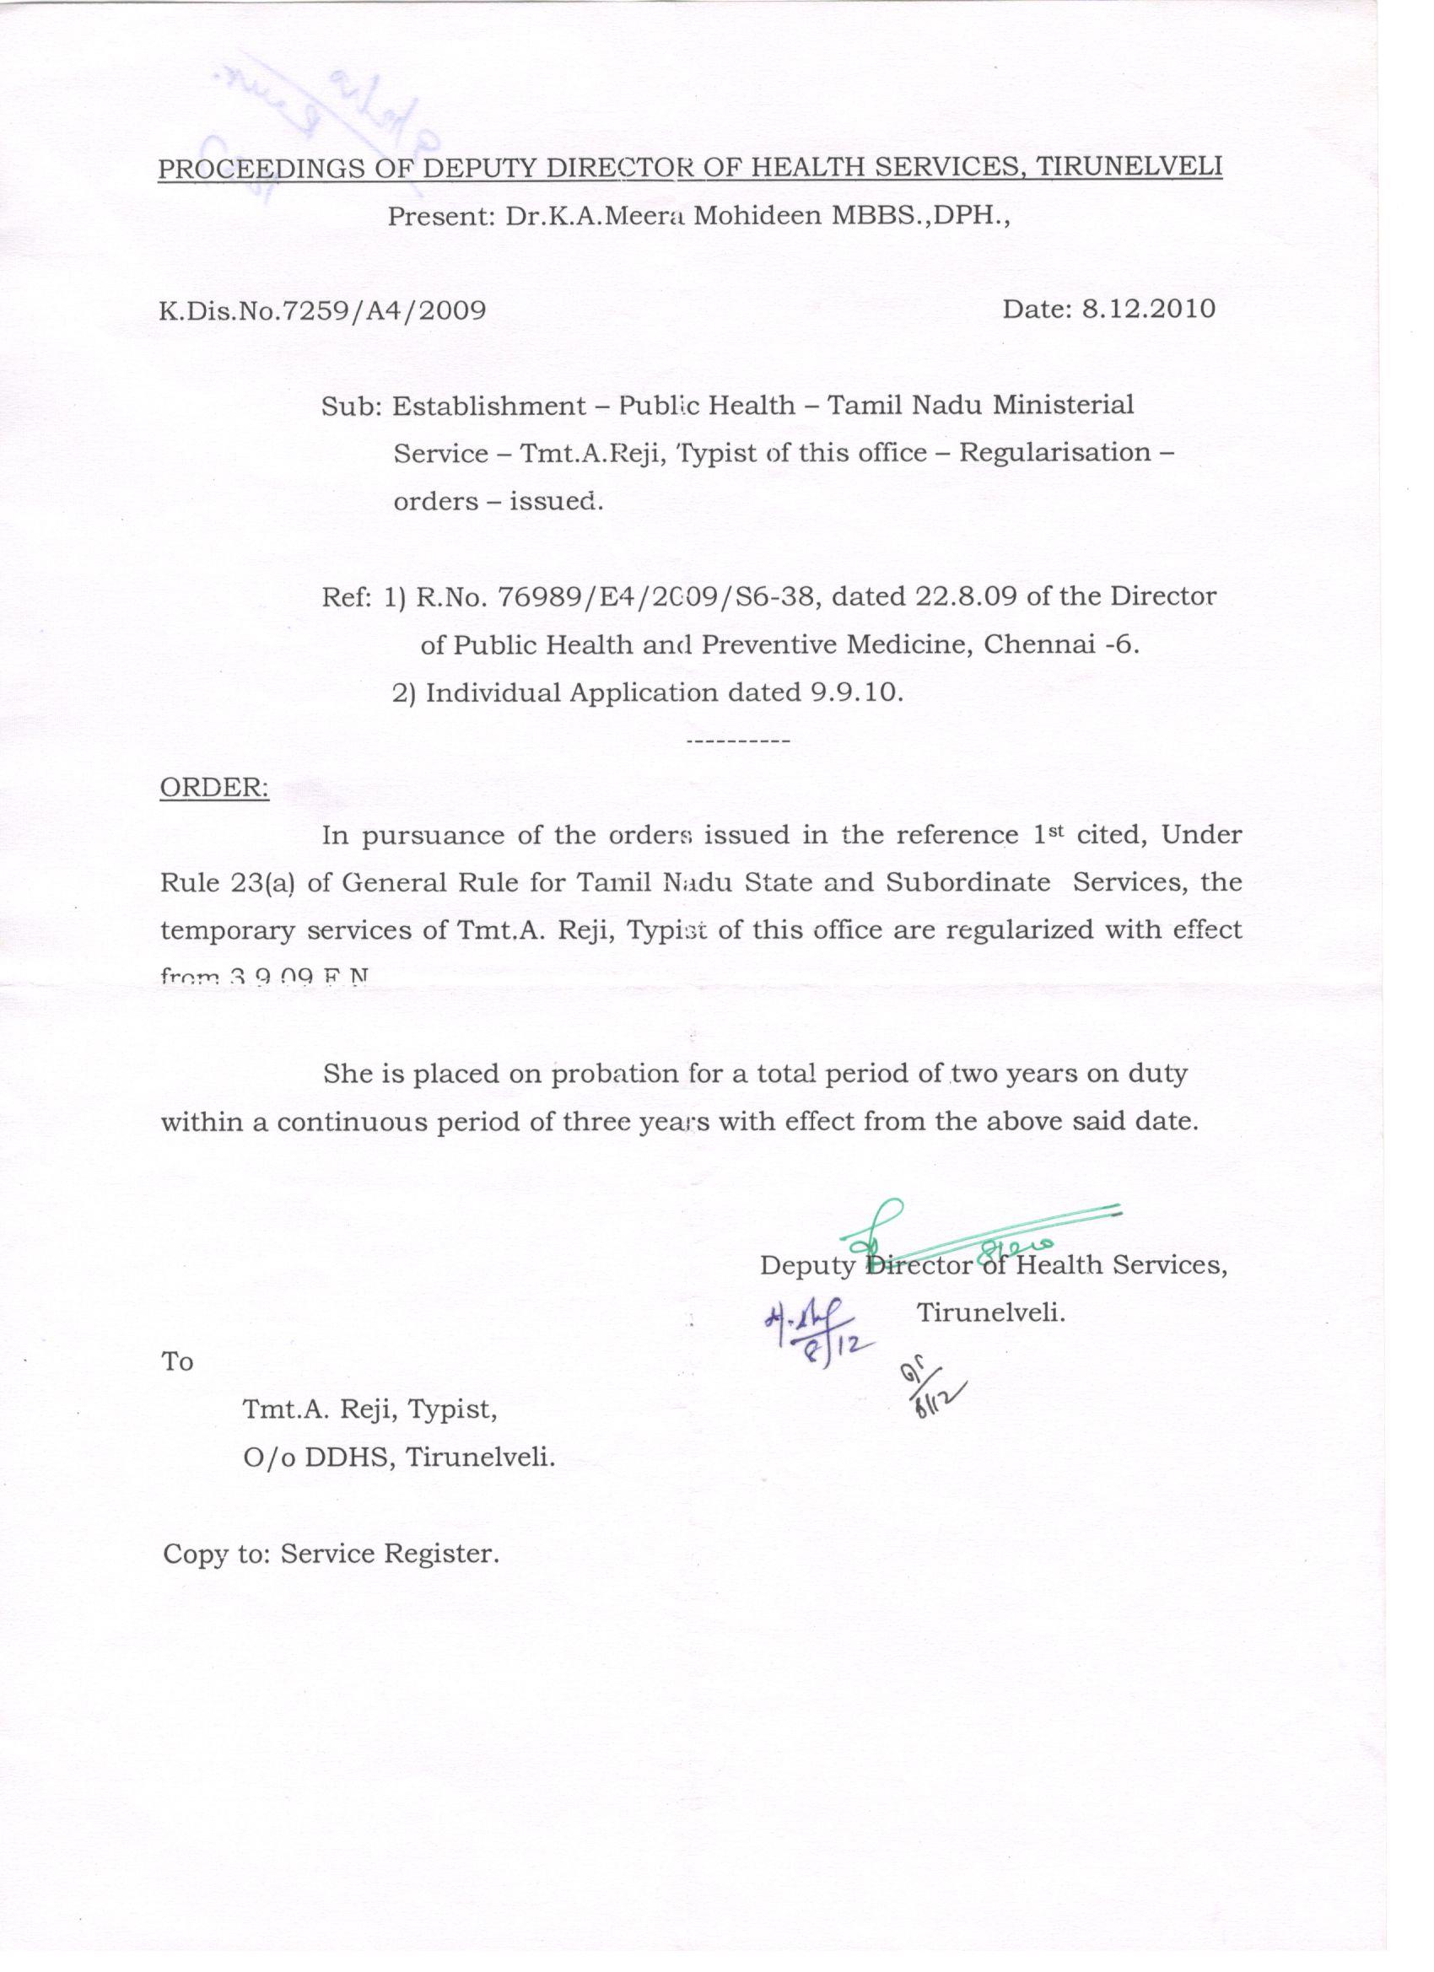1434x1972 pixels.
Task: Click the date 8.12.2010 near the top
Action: (1148, 310)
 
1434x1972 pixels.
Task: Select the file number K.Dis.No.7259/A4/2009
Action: (321, 311)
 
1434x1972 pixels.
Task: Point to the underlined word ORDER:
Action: (214, 788)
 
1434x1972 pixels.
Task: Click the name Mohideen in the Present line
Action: (757, 215)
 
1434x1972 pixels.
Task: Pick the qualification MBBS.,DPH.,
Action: (922, 215)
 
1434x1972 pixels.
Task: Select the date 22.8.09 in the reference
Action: (966, 596)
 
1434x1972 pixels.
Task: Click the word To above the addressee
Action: (177, 1361)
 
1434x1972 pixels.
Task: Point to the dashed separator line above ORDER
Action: (737, 741)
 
